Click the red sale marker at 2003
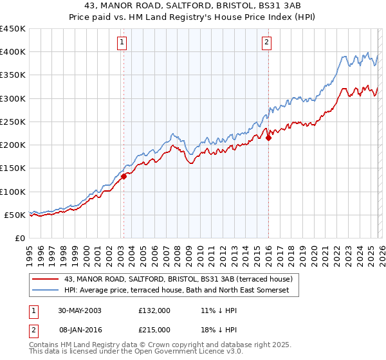124,177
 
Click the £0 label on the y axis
19,239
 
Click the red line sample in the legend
45,279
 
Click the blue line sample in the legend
45,291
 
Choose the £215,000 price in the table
154,329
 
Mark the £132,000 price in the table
154,310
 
